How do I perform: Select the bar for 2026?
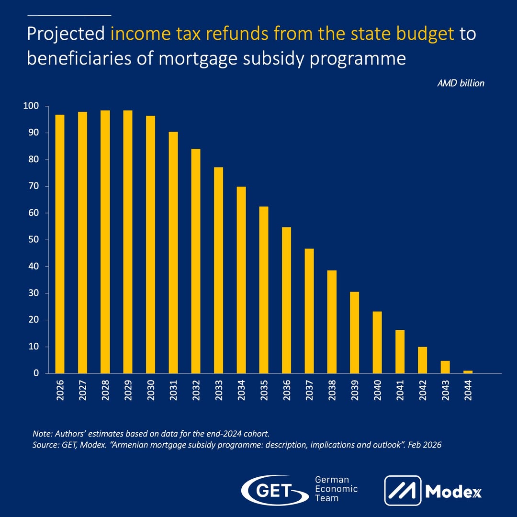coord(60,244)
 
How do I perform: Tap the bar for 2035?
coord(264,290)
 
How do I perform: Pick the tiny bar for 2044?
coord(468,371)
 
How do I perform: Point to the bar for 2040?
coord(377,342)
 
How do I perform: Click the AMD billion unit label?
coord(461,83)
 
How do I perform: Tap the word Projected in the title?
coord(66,34)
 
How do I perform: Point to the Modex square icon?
coord(403,491)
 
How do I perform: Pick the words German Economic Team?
coord(336,489)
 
